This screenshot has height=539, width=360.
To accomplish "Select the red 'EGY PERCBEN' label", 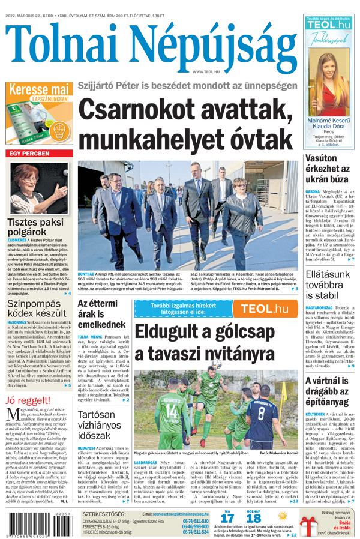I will (x=29, y=154).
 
